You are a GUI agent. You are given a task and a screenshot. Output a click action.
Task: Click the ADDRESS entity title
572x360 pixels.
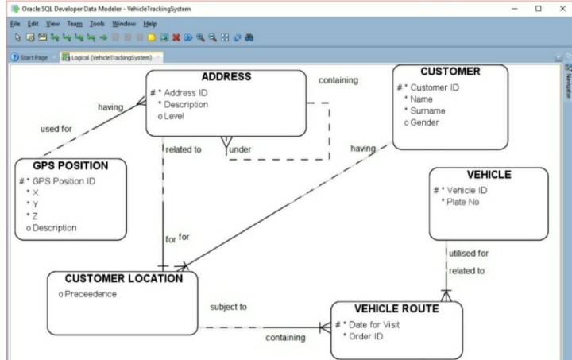pyautogui.click(x=226, y=76)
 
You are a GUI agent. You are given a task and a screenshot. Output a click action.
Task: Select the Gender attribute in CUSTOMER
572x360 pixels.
pyautogui.click(x=424, y=122)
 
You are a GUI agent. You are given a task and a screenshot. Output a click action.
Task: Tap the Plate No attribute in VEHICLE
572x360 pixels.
pyautogui.click(x=462, y=202)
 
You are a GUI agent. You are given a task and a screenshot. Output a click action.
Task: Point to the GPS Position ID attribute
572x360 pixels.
pyautogui.click(x=64, y=181)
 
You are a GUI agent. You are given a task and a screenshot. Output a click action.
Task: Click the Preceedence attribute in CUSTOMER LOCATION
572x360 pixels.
pyautogui.click(x=91, y=294)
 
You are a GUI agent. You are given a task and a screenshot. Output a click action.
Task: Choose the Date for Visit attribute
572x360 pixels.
pyautogui.click(x=374, y=324)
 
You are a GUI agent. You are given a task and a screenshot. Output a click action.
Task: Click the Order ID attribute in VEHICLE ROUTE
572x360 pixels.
pyautogui.click(x=366, y=336)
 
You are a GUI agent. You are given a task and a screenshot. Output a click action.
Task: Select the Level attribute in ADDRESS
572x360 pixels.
pyautogui.click(x=174, y=116)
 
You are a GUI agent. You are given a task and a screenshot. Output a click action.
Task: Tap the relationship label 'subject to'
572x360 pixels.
pyautogui.click(x=228, y=307)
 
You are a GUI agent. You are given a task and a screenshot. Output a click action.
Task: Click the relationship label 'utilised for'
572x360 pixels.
pyautogui.click(x=469, y=254)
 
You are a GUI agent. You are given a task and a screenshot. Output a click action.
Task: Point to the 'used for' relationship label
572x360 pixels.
pyautogui.click(x=56, y=129)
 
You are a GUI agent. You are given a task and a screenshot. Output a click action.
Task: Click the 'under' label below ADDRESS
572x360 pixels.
pyautogui.click(x=240, y=149)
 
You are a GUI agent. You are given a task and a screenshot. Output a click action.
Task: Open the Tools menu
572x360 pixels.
pyautogui.click(x=97, y=24)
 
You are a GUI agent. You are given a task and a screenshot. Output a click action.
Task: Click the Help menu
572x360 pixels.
pyautogui.click(x=150, y=24)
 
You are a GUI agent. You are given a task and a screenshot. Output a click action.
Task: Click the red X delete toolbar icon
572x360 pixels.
pyautogui.click(x=176, y=37)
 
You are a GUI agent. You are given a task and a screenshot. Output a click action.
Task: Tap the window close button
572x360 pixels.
pyautogui.click(x=562, y=9)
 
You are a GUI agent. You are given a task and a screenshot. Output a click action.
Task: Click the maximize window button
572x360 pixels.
pyautogui.click(x=539, y=9)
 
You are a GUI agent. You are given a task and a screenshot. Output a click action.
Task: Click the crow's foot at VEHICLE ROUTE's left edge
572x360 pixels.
pyautogui.click(x=325, y=327)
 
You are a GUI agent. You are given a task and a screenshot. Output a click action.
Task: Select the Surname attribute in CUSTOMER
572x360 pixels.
pyautogui.click(x=427, y=111)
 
